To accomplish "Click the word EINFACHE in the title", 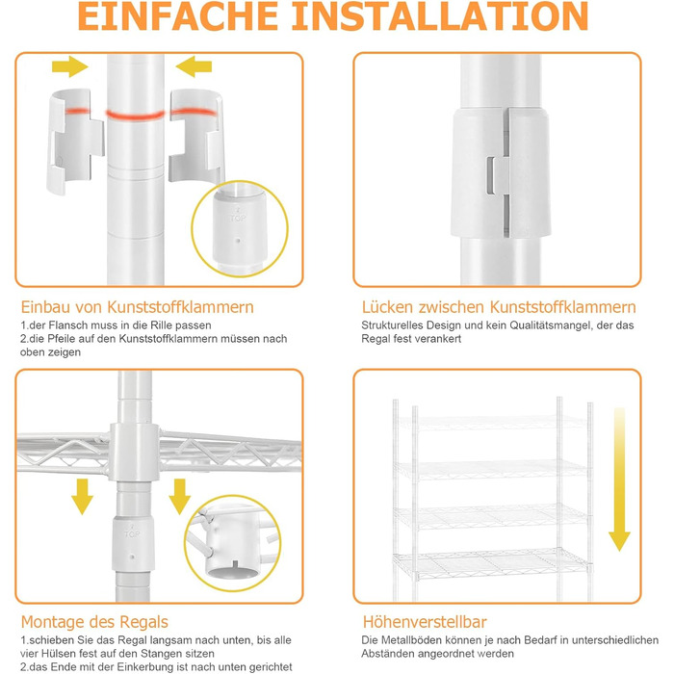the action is pos(177,16).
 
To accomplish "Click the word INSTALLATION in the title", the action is pos(440,16).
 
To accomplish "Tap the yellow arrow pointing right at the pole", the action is pos(70,66).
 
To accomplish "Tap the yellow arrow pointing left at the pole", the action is pos(194,66).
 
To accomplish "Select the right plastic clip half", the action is pos(196,137).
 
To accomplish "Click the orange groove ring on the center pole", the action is pos(136,116).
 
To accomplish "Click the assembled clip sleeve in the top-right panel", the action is pos(501,172).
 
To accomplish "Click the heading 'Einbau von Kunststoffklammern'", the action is pos(137,307).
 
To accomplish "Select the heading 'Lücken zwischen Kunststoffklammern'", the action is pos(499,307).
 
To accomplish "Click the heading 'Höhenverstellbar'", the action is pos(425,622).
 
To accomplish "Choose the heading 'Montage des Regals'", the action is pos(94,622).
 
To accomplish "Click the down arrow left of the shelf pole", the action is pos(82,497).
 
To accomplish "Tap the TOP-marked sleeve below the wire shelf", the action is pos(133,543).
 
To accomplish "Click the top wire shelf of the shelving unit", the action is pos(490,422).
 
